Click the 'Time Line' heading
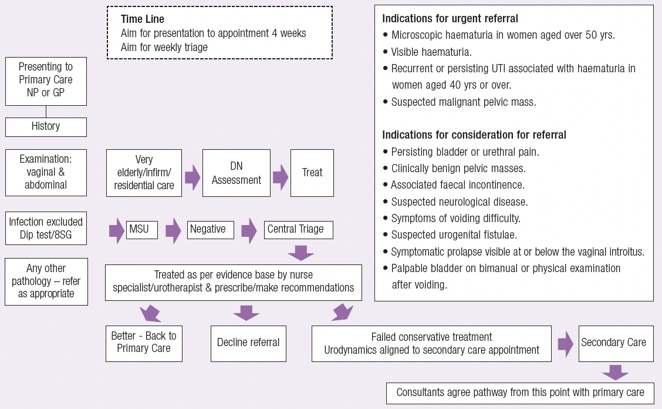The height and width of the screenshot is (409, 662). tap(143, 19)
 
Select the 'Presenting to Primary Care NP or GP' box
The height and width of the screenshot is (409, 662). tap(46, 81)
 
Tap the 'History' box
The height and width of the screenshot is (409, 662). tap(46, 126)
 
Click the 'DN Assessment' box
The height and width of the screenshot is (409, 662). tap(237, 173)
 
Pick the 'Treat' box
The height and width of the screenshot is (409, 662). tap(312, 173)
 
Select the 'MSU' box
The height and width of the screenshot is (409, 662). tap(141, 229)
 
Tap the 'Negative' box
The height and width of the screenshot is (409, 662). tap(211, 229)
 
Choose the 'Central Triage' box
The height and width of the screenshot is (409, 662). tap(299, 229)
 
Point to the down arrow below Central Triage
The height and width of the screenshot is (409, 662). tap(300, 253)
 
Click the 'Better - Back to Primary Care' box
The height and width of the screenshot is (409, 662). tap(144, 343)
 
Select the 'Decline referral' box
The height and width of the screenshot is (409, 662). tap(248, 343)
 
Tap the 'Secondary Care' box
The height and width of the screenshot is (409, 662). tap(615, 343)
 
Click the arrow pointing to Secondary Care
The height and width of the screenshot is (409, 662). tap(565, 343)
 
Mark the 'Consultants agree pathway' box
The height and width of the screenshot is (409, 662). tap(520, 393)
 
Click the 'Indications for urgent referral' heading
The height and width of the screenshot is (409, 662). tap(450, 18)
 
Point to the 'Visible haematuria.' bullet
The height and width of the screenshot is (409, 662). tap(431, 51)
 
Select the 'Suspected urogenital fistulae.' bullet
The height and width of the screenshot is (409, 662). tap(454, 235)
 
